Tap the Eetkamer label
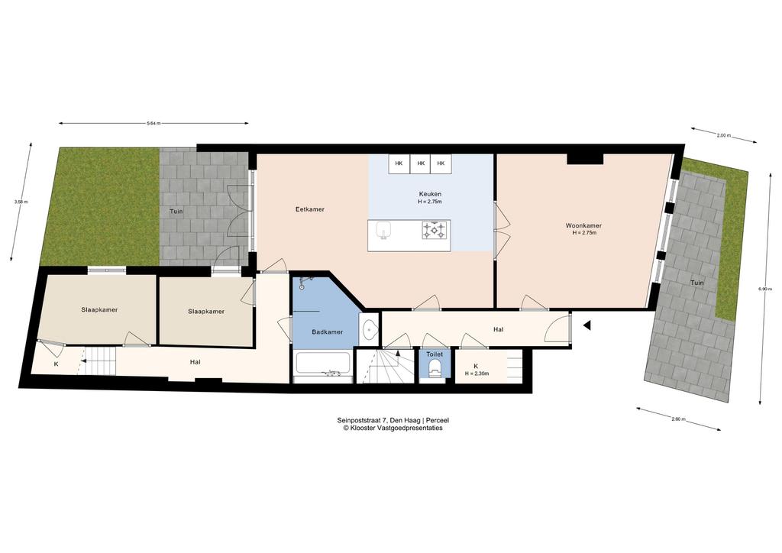coord(310,209)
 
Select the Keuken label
coord(429,194)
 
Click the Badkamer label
coord(327,332)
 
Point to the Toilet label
coord(435,354)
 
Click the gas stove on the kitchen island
coord(434,230)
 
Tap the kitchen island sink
coord(383,231)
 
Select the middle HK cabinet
coord(421,163)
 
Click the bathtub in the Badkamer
coord(323,364)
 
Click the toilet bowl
coord(435,367)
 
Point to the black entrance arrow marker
coord(587,325)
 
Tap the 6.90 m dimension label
coord(765,289)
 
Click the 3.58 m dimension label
coord(21,202)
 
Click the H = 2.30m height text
coord(477,374)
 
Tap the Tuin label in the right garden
coord(696,283)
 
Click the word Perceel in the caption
coord(438,420)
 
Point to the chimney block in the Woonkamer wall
coord(585,159)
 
